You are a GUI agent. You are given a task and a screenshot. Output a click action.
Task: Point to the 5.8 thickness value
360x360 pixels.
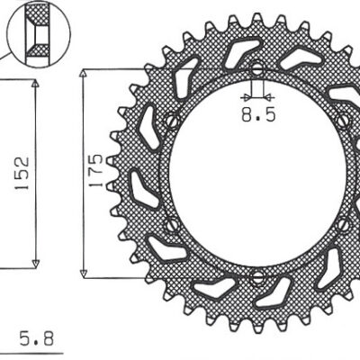(36, 340)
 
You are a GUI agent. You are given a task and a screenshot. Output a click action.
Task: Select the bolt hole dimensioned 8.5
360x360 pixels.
(256, 70)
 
